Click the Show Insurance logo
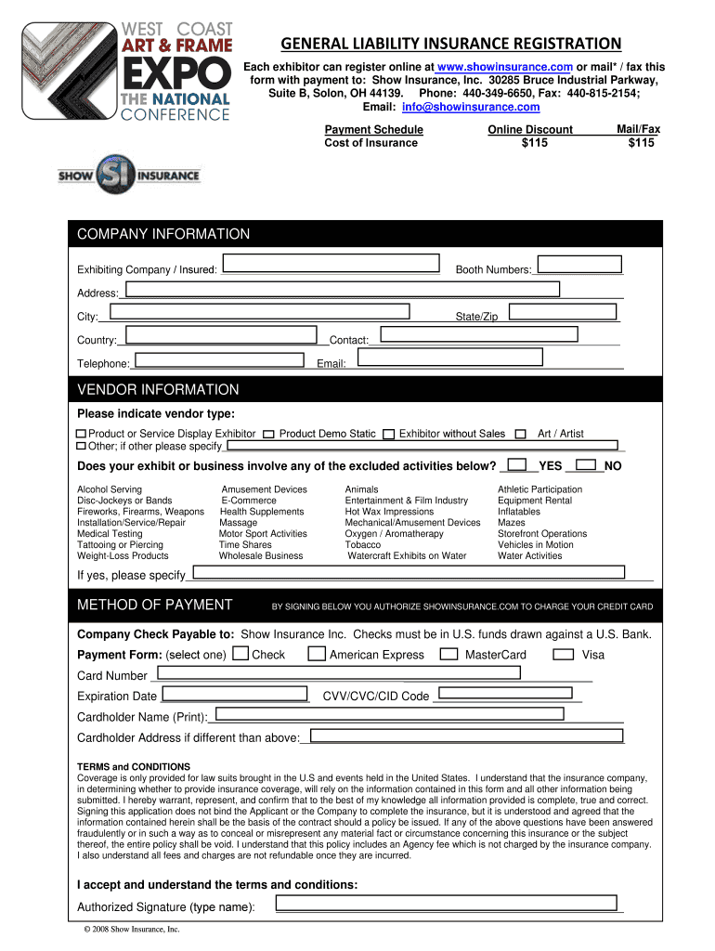pos(129,174)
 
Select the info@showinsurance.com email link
pos(457,107)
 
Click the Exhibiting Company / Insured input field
pos(331,264)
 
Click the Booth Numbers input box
pos(577,264)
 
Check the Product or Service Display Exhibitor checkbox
pos(82,434)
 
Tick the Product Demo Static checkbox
pos(269,434)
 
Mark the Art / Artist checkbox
pos(521,434)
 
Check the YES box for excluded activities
pos(519,464)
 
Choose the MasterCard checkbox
pos(448,654)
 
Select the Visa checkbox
pos(563,654)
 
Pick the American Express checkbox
pos(317,654)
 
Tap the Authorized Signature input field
pos(445,903)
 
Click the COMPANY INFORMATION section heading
pos(163,234)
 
